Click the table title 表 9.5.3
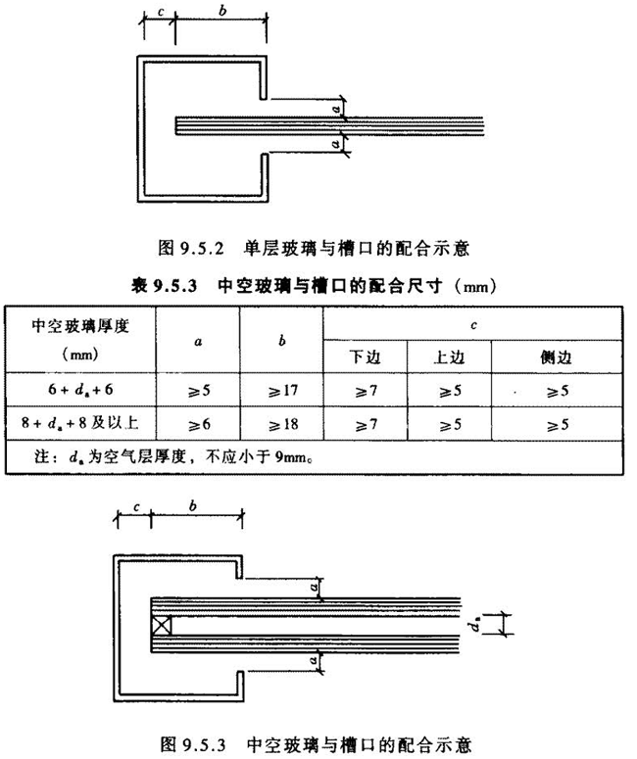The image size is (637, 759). click(317, 286)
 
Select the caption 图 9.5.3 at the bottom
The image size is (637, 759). click(317, 740)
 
